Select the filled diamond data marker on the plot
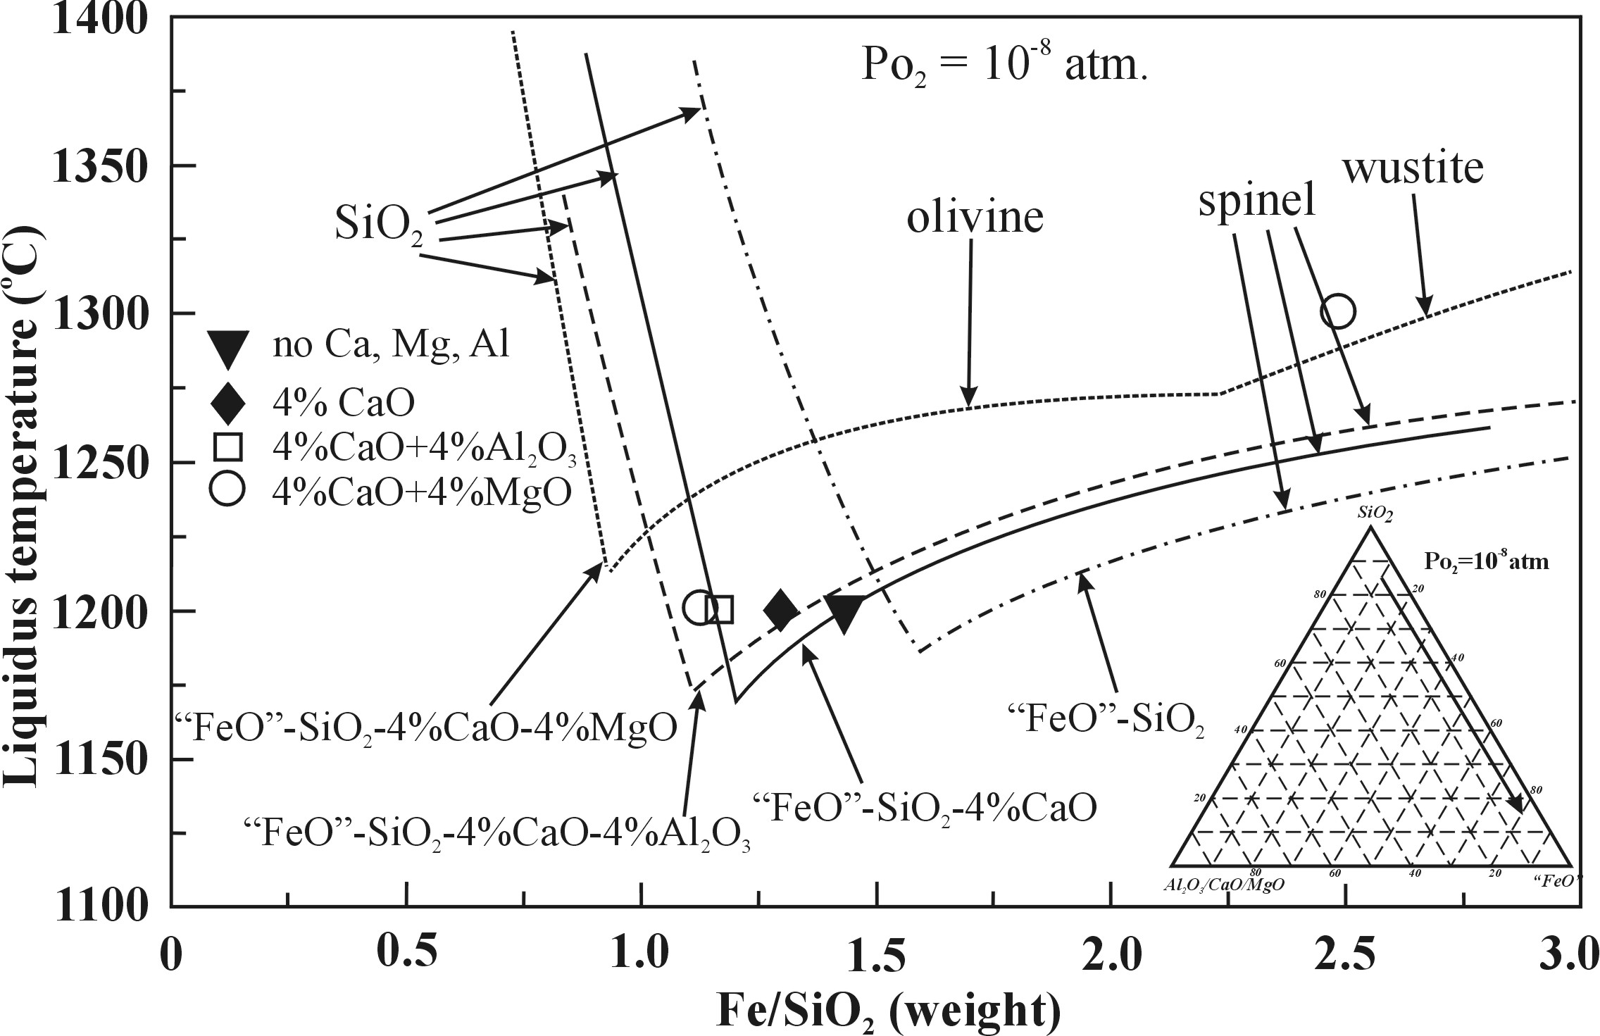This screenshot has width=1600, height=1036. pyautogui.click(x=781, y=610)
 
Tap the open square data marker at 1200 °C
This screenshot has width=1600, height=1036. pyautogui.click(x=720, y=610)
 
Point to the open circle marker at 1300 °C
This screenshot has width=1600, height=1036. pyautogui.click(x=1338, y=311)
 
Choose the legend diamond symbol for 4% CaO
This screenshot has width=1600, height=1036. pyautogui.click(x=227, y=403)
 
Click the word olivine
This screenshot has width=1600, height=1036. pyautogui.click(x=975, y=218)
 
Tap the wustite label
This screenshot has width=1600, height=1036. pyautogui.click(x=1413, y=169)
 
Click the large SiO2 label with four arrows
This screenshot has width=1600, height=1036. pyautogui.click(x=378, y=226)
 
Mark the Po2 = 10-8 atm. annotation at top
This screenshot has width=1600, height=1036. pyautogui.click(x=1004, y=68)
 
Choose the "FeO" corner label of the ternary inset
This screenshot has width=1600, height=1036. pyautogui.click(x=1555, y=880)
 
